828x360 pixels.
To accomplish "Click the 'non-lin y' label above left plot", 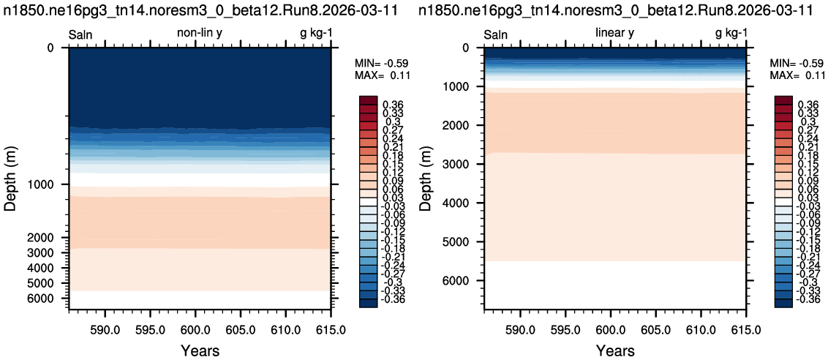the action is [200, 34].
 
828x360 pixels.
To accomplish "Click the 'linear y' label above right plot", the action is [614, 34].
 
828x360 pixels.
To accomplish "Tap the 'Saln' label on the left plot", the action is [81, 35].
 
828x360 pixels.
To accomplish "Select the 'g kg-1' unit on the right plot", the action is [731, 34].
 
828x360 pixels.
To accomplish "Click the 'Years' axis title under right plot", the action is [615, 350].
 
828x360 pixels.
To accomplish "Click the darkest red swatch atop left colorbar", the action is [368, 100].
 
